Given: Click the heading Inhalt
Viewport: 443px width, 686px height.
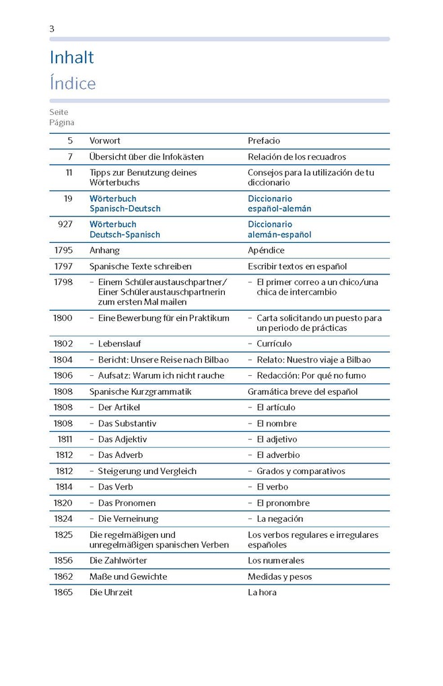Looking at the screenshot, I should pos(71,58).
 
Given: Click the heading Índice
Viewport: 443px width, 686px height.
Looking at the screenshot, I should pos(73,84).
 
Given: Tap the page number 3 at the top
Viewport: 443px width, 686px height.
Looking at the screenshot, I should pos(52,28).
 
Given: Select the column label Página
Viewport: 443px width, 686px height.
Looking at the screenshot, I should pos(61,122).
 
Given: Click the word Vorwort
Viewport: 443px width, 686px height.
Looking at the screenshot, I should pos(105,141).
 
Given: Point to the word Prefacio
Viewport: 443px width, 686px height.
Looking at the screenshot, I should pos(264,141).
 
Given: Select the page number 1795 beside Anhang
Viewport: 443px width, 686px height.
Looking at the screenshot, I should pos(63,250).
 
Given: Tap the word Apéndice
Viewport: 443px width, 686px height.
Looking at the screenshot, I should pos(267,250).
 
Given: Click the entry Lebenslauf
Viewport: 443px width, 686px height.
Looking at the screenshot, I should pos(119,344).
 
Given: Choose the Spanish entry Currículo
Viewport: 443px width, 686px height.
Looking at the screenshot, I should pos(274,344).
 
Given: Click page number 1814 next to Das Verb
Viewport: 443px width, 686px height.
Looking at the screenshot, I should pos(63,487).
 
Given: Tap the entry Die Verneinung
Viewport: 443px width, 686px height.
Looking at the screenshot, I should pos(128,519).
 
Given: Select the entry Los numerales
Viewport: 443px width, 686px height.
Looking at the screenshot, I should pos(276,560).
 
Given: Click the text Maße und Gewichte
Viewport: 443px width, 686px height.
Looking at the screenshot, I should pos(128,576).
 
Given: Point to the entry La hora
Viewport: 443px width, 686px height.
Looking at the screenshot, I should pos(262,593).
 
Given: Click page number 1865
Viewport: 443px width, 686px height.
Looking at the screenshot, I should pos(63,593).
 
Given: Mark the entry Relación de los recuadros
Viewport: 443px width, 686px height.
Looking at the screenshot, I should pos(297,157).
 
